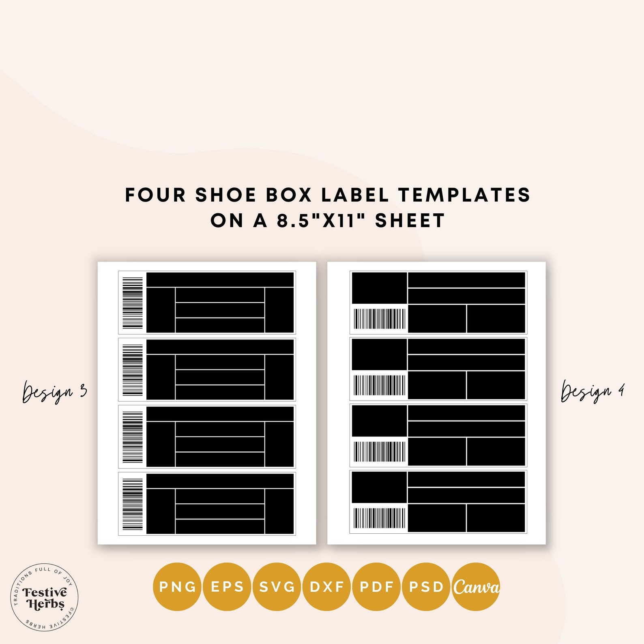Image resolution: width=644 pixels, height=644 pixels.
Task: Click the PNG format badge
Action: (x=177, y=586)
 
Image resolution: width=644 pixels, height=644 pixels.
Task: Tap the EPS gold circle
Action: (x=227, y=586)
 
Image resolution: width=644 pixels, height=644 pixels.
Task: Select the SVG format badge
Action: (x=277, y=586)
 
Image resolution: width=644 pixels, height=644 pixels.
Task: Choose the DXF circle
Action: (x=327, y=586)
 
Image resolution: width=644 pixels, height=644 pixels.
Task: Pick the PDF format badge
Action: (x=377, y=586)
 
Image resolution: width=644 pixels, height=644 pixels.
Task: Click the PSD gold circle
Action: (x=426, y=586)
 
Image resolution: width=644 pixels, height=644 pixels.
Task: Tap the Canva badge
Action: (x=476, y=586)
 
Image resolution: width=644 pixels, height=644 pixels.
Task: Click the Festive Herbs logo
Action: (x=44, y=597)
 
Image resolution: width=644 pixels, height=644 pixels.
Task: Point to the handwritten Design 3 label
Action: (x=54, y=392)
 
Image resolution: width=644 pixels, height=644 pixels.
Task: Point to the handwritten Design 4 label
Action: (x=592, y=392)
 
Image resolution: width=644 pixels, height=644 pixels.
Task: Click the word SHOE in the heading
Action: (x=226, y=195)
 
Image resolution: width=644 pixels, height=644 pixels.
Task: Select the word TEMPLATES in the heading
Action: (x=464, y=195)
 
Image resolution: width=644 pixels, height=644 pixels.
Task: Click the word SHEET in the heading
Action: (x=410, y=221)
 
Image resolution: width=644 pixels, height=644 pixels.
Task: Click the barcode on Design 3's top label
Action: (x=133, y=303)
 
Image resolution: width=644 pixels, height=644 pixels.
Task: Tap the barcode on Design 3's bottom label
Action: (x=133, y=504)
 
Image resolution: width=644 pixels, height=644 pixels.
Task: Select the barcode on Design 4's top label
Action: (x=380, y=319)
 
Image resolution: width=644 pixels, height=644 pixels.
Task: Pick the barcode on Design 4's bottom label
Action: (x=380, y=518)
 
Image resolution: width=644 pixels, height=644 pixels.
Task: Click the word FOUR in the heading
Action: (x=155, y=195)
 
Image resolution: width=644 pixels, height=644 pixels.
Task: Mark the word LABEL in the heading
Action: (x=355, y=195)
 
